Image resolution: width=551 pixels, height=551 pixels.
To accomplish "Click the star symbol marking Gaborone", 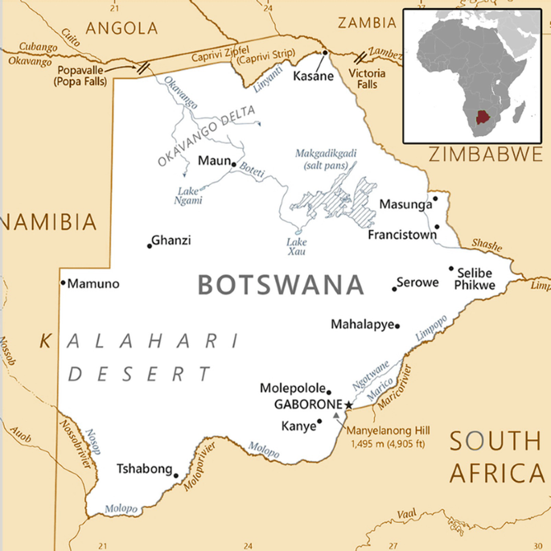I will pyautogui.click(x=348, y=405).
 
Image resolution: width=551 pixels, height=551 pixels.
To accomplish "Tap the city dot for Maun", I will pyautogui.click(x=233, y=163).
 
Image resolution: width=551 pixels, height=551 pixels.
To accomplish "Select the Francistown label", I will pyautogui.click(x=402, y=236).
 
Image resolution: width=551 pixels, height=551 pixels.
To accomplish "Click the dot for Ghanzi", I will pyautogui.click(x=149, y=245).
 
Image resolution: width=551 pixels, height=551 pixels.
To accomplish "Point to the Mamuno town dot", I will pyautogui.click(x=63, y=282).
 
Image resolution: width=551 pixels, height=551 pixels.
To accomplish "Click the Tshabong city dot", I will pyautogui.click(x=176, y=475).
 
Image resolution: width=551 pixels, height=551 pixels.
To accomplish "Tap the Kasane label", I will pyautogui.click(x=313, y=76).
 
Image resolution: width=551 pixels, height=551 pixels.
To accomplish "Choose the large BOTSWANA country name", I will pyautogui.click(x=281, y=285).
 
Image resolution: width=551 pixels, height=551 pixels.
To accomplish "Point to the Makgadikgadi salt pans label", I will pyautogui.click(x=325, y=158).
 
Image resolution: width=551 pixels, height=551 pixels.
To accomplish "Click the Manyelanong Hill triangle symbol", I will pyautogui.click(x=336, y=415).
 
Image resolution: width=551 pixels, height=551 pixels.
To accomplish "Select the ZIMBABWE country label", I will pyautogui.click(x=485, y=154).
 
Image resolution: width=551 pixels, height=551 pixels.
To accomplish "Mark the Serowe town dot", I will pyautogui.click(x=395, y=288).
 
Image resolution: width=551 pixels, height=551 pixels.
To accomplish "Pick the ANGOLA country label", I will pyautogui.click(x=121, y=28).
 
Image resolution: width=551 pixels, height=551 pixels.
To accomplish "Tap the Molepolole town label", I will pyautogui.click(x=292, y=389).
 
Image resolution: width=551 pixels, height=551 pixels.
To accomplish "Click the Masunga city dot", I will pyautogui.click(x=435, y=197).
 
